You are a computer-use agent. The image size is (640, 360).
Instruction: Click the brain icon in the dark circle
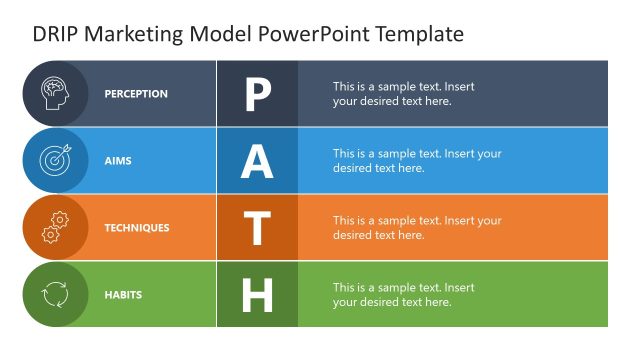tap(55, 93)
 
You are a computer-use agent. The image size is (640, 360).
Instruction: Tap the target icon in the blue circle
tap(55, 160)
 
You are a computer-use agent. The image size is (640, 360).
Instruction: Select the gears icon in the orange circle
tap(55, 227)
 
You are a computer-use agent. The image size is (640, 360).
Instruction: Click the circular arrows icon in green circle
tap(55, 294)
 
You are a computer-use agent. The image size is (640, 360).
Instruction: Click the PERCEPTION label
tap(136, 94)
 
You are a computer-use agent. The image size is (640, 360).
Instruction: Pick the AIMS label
tap(118, 161)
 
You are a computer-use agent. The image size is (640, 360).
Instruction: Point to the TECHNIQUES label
tap(137, 228)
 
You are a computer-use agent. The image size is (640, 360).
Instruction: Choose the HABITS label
tap(123, 295)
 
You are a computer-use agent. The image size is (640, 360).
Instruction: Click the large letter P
tap(257, 94)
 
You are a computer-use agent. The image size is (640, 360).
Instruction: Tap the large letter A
tap(257, 161)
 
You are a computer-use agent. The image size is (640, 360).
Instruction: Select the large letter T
tap(257, 228)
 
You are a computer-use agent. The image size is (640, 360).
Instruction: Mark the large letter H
tap(257, 295)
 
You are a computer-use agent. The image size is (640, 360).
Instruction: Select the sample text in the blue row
tap(417, 161)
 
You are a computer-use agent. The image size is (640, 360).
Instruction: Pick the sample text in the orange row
tap(417, 228)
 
